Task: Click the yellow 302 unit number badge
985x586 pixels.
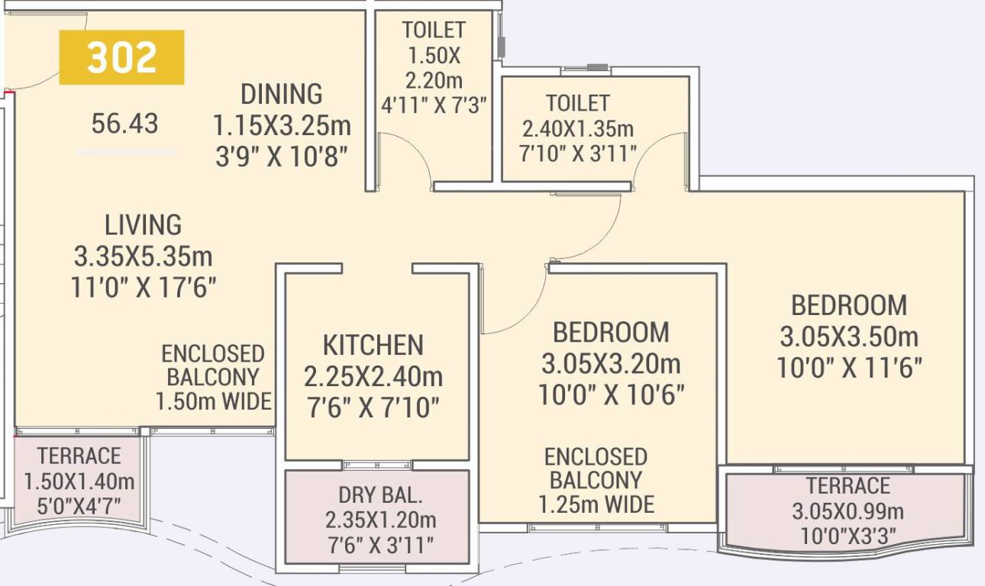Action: click(x=121, y=57)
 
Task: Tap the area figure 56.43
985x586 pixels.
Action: click(x=124, y=123)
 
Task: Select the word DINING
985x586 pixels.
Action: click(x=282, y=94)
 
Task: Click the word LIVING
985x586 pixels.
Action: click(x=144, y=225)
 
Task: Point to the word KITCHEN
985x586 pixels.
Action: click(x=373, y=345)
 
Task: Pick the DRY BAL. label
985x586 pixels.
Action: click(x=379, y=496)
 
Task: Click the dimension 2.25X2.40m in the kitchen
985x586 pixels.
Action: click(x=373, y=376)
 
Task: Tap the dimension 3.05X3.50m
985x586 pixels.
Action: click(x=849, y=336)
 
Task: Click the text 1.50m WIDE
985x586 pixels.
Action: click(x=214, y=401)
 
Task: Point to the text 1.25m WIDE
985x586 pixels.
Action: click(x=596, y=504)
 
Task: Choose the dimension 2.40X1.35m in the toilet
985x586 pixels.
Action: click(x=577, y=128)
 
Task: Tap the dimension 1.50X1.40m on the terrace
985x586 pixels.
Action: click(x=79, y=481)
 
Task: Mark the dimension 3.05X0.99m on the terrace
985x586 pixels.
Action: click(x=848, y=511)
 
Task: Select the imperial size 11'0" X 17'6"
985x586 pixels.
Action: click(x=144, y=288)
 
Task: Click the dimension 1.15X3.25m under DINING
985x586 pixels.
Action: click(x=282, y=125)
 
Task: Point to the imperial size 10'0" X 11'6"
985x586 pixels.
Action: click(x=849, y=368)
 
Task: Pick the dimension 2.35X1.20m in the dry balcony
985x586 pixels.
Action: click(x=380, y=520)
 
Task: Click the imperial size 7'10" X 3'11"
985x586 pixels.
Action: click(x=577, y=153)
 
